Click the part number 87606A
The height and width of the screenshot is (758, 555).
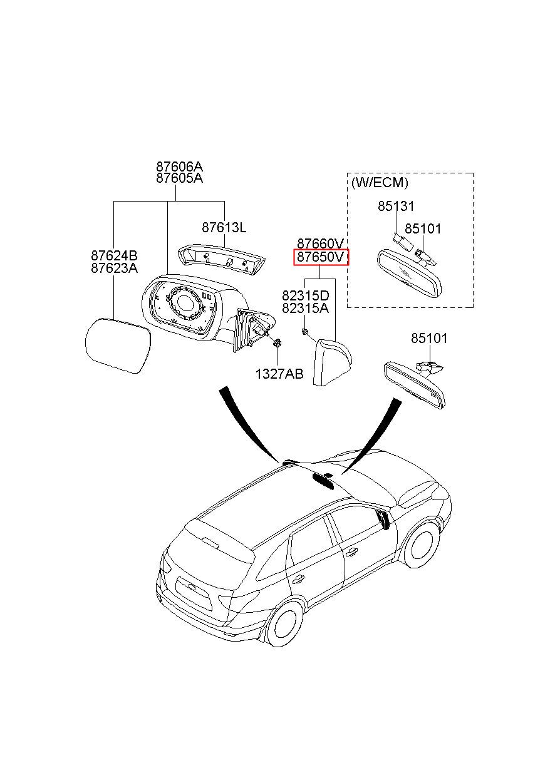(179, 166)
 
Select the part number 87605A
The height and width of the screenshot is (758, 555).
(179, 178)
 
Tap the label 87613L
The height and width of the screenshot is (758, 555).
(224, 227)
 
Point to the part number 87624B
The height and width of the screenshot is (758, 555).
(114, 255)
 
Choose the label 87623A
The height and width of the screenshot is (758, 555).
(114, 268)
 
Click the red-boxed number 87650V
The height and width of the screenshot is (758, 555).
(320, 257)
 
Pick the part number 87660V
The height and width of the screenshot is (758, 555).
(320, 243)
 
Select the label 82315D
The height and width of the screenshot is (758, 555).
(306, 296)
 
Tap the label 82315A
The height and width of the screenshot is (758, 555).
(306, 309)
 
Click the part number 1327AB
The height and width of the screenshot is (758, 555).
(279, 374)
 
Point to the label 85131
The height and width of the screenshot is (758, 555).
(396, 206)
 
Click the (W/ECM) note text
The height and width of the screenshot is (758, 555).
(380, 183)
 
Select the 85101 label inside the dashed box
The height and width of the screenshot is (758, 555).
(423, 229)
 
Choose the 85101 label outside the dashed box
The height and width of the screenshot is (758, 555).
(429, 338)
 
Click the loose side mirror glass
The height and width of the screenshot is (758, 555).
(117, 345)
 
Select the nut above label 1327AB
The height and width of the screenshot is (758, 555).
(277, 343)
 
